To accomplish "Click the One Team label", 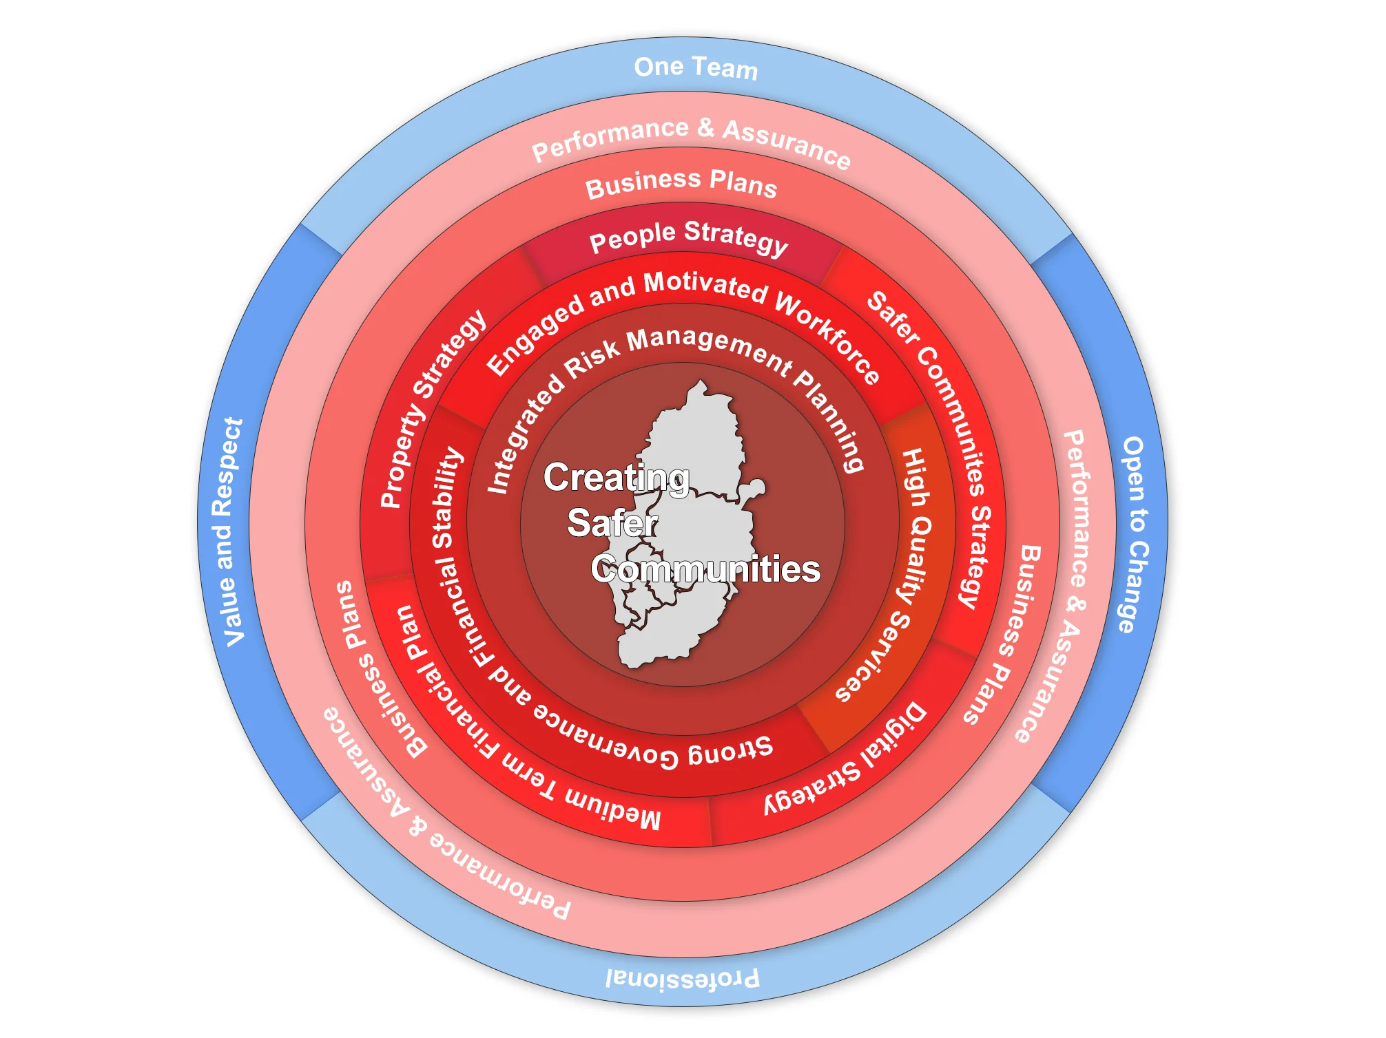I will (696, 68).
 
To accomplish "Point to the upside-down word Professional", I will (682, 978).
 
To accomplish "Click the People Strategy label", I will (688, 237).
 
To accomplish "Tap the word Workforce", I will (827, 337).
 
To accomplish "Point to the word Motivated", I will (705, 286).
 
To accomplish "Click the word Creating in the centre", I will (616, 477).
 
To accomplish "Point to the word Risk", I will (592, 357).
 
